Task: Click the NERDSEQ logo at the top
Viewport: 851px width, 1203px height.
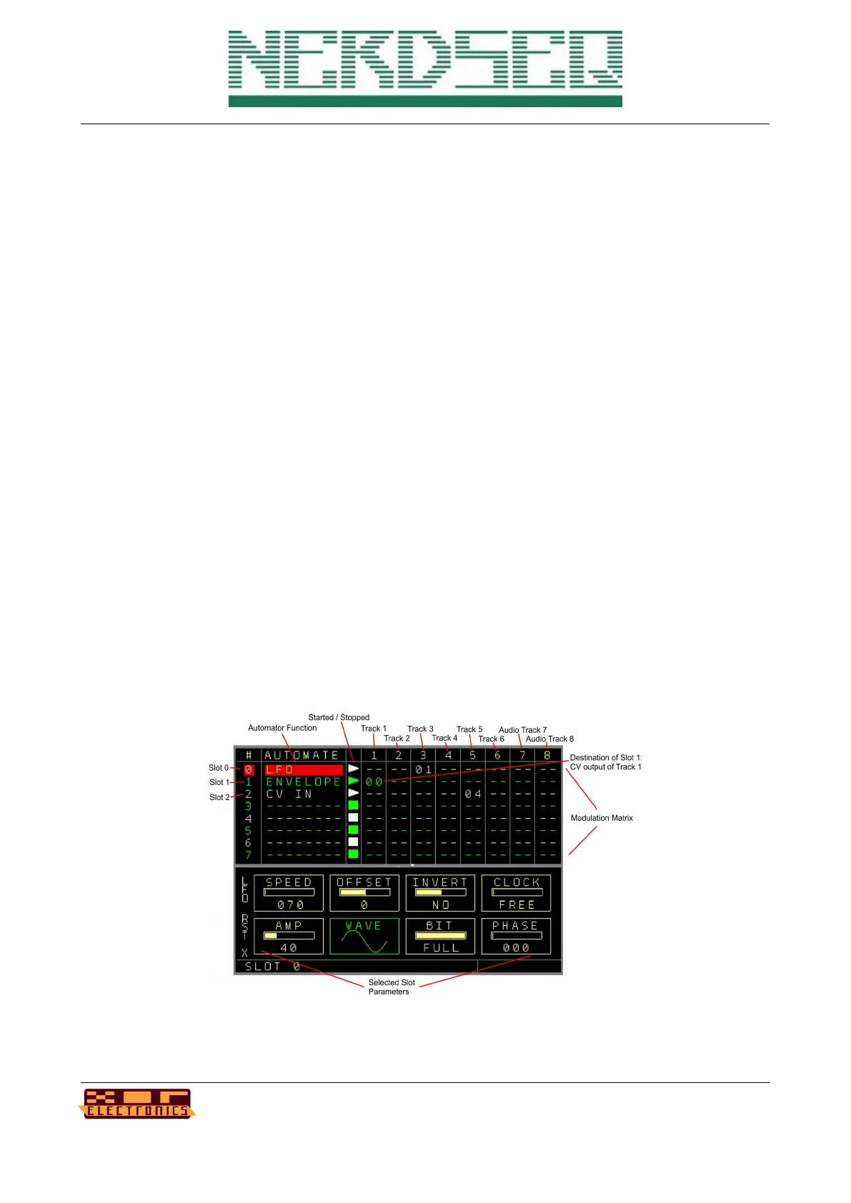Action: pos(425,69)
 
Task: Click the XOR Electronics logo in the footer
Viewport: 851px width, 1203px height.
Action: pos(136,1104)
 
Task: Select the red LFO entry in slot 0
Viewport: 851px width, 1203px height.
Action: pos(303,770)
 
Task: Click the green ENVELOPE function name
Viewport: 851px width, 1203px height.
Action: pos(303,782)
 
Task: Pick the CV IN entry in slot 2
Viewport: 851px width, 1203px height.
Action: pos(289,794)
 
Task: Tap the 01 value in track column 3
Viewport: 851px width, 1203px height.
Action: pos(423,770)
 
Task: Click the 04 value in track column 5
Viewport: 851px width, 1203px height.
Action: pos(472,794)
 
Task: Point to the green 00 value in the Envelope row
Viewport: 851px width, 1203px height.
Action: pos(374,782)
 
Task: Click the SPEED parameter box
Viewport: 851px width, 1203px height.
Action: pos(289,893)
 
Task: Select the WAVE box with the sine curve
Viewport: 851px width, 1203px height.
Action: pos(364,937)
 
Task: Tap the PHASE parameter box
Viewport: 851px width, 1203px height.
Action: pos(516,937)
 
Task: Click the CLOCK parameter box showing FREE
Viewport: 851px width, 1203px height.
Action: pos(516,893)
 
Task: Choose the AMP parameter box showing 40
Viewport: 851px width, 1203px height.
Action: pos(289,937)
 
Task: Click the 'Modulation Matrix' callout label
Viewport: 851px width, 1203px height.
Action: pos(602,818)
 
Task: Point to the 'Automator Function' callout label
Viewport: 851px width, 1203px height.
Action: pos(282,728)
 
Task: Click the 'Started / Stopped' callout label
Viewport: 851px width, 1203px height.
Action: pos(339,717)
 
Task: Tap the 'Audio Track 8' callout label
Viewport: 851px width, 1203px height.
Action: pos(549,739)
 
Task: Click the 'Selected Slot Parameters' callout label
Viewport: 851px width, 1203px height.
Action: pos(391,987)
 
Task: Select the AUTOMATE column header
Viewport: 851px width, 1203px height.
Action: pos(302,755)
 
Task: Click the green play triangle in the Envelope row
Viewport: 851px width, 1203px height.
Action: pos(353,782)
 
